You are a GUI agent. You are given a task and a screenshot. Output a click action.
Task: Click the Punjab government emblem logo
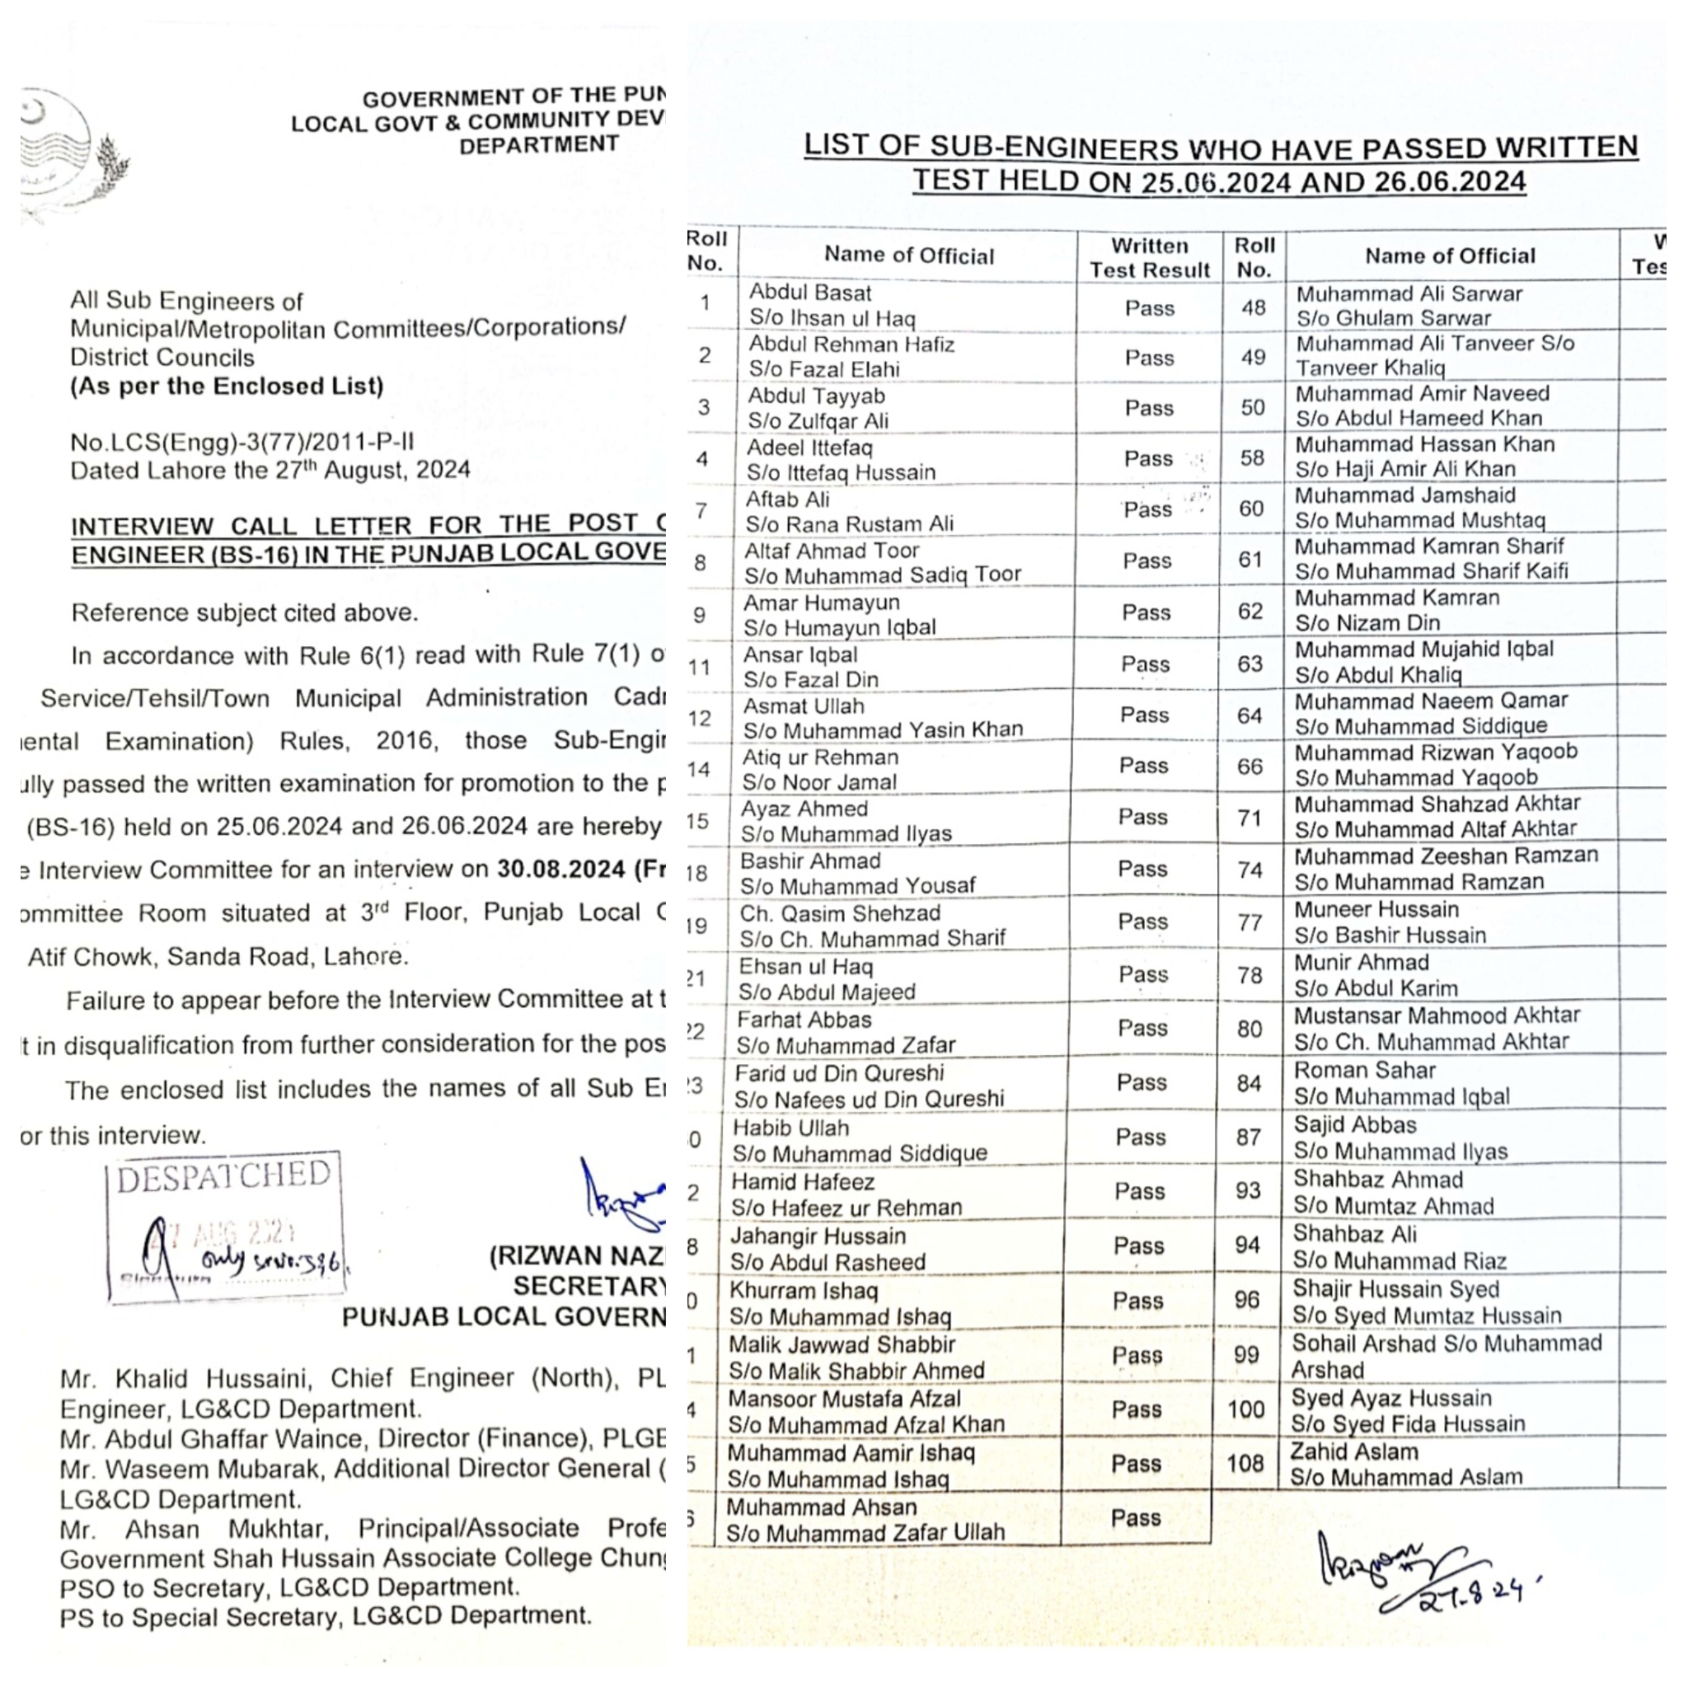click(74, 153)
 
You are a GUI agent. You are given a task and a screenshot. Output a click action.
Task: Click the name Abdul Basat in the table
click(810, 293)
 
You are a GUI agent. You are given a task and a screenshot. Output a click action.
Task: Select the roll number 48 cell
click(1253, 307)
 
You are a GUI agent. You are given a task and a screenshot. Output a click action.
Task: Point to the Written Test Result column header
click(1149, 258)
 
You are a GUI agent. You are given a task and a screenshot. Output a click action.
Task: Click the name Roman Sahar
click(1365, 1071)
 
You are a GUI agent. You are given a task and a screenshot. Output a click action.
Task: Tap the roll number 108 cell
click(1246, 1463)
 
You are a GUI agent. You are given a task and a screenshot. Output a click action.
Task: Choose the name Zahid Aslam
click(1354, 1451)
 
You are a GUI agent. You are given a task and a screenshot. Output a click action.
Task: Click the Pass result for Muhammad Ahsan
click(1136, 1517)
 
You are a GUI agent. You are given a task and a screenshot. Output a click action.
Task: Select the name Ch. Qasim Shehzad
click(841, 913)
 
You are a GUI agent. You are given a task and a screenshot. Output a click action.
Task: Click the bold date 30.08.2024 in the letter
click(560, 870)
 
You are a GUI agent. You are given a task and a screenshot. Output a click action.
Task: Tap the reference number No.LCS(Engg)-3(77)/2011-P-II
click(242, 442)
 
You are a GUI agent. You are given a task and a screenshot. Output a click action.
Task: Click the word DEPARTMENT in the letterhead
click(539, 145)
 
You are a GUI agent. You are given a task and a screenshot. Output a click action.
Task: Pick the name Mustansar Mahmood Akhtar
click(1437, 1015)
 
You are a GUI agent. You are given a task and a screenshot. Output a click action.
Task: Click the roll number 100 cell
click(1246, 1409)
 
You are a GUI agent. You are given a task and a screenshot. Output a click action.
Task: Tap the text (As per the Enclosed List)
click(227, 387)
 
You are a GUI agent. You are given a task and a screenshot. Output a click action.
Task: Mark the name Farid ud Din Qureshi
click(839, 1073)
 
